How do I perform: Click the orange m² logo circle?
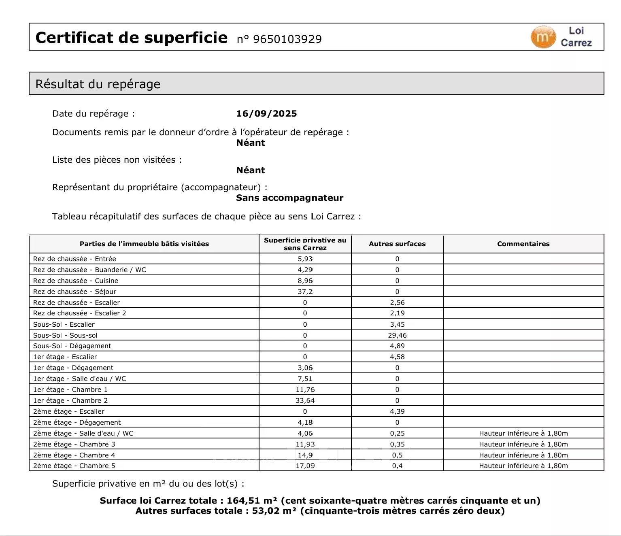543,37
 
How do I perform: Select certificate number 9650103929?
287,39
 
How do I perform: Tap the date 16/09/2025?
266,114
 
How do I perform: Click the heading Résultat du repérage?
98,84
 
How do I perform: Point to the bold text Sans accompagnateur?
289,198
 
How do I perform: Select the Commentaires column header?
523,244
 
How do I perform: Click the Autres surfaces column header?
397,244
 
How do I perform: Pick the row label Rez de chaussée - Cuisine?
76,281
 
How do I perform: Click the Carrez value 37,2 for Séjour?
305,291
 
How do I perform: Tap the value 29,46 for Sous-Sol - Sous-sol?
397,335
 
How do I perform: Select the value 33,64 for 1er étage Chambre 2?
305,400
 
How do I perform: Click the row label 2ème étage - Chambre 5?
74,466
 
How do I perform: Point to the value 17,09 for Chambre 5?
305,466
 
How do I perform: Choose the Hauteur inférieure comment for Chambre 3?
523,444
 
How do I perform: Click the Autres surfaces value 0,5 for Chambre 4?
397,455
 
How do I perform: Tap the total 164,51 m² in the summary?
252,501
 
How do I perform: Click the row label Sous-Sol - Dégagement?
72,346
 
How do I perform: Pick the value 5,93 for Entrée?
305,259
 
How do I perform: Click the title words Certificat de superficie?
132,38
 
